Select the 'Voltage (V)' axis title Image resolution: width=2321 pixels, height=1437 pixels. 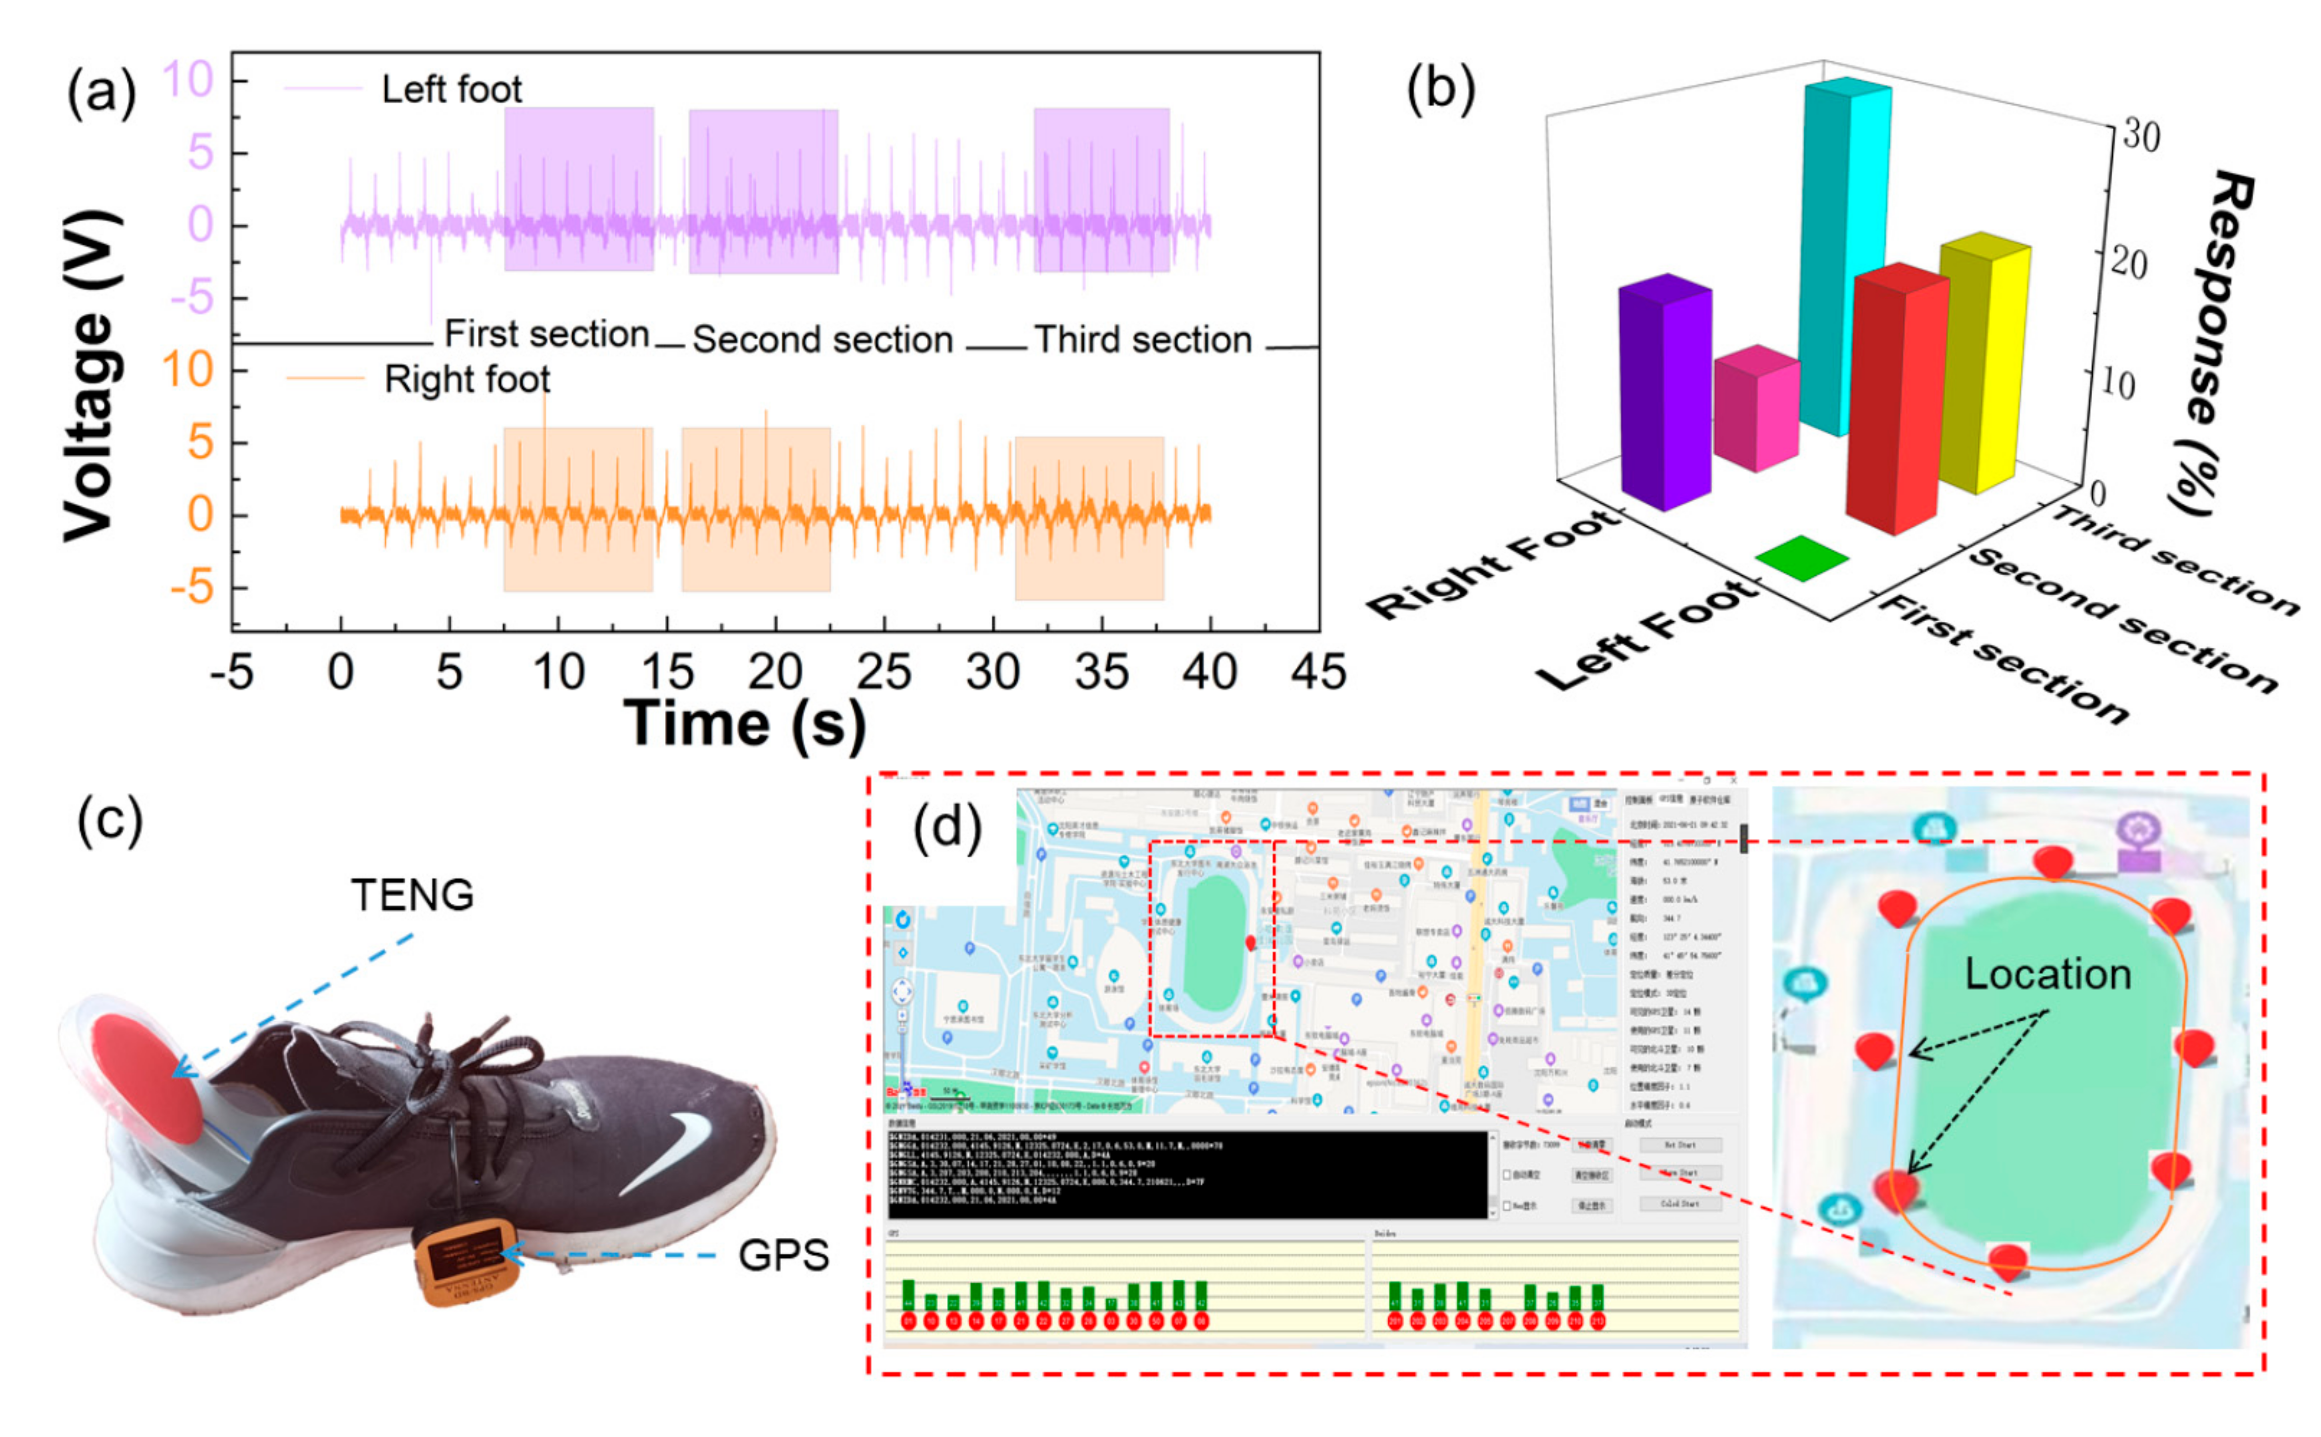pos(91,376)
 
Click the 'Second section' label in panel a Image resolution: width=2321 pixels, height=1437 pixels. pos(822,339)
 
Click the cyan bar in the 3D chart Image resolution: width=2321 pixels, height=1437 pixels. pos(1842,257)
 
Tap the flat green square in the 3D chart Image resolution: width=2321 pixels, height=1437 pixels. pos(1801,558)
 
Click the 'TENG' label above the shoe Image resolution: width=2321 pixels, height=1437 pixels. pos(412,894)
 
